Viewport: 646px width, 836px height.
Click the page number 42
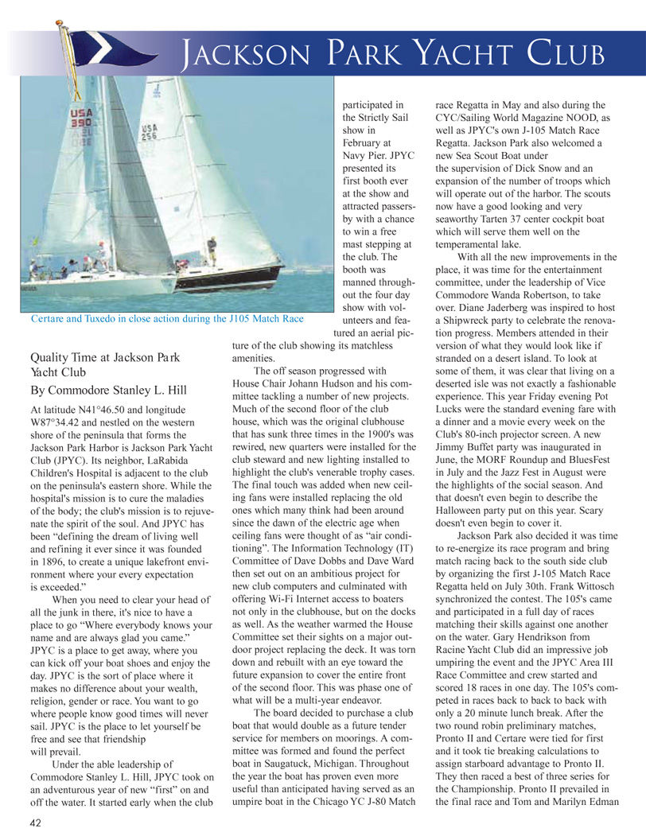37,823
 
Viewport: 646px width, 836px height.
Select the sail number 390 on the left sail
81,124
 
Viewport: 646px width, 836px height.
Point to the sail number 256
149,131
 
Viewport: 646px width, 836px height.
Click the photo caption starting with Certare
166,319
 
